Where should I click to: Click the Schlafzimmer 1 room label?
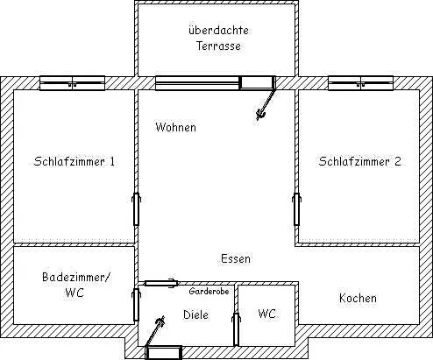[75, 161]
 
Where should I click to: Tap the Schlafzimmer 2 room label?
[359, 161]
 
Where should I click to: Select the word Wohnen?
[175, 127]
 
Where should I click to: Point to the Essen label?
[236, 258]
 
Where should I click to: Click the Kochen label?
[358, 298]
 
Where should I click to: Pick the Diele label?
[195, 314]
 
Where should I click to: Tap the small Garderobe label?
[209, 291]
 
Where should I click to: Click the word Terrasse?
[218, 46]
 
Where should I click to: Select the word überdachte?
[218, 30]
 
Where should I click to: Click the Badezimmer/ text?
[76, 277]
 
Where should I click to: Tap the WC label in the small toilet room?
[266, 314]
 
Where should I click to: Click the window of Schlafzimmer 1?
[72, 83]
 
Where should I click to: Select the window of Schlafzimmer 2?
[360, 83]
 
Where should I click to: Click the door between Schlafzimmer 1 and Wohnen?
[136, 209]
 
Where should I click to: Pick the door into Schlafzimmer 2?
[296, 209]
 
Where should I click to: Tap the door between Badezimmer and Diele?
[136, 305]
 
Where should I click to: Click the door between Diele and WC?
[236, 329]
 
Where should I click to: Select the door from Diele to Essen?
[161, 283]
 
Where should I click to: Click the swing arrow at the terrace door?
[266, 104]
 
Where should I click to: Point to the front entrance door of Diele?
[164, 353]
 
